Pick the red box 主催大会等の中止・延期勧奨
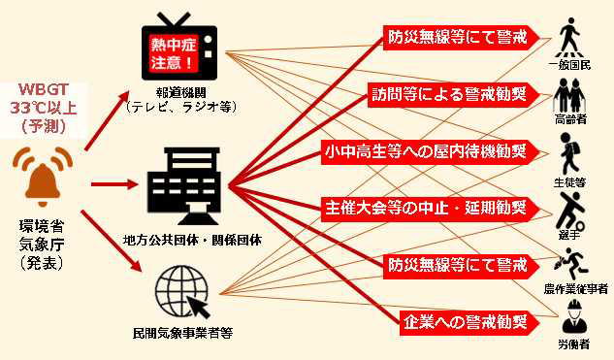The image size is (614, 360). coord(428,208)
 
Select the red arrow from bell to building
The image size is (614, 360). coord(112,182)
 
